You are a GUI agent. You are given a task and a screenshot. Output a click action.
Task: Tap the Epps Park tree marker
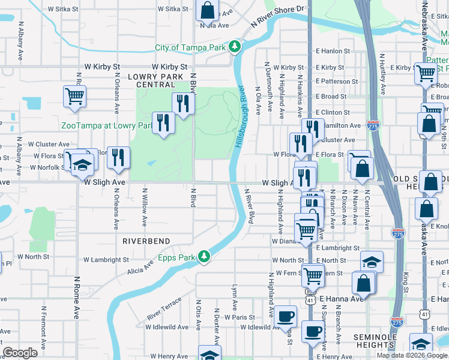(205, 257)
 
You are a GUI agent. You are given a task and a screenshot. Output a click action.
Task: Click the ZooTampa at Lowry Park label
(105, 125)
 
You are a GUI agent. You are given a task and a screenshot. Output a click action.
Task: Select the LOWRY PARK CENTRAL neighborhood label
(160, 80)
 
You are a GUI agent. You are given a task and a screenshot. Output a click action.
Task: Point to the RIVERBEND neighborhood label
(146, 241)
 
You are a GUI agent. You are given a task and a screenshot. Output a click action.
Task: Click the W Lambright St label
(106, 260)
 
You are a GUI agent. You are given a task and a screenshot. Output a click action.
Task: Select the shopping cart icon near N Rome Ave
(74, 95)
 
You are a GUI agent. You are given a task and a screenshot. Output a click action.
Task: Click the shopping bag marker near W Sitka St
(207, 11)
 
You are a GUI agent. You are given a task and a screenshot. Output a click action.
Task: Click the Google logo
(20, 353)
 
